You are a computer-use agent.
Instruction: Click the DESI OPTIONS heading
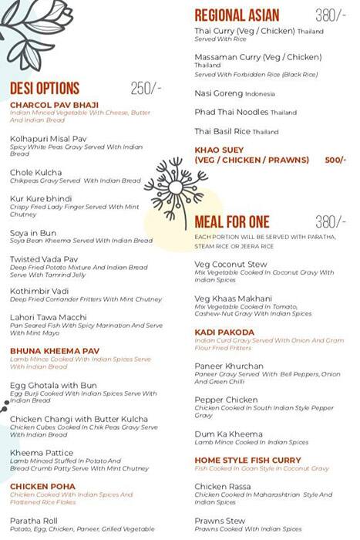(45, 89)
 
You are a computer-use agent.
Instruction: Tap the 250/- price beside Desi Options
(146, 89)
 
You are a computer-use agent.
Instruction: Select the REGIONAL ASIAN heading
(237, 15)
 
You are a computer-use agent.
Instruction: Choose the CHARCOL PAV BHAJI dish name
(53, 105)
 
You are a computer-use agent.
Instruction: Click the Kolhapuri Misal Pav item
(48, 138)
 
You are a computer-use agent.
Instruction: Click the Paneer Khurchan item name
(229, 366)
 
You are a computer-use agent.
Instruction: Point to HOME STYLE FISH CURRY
(247, 461)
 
